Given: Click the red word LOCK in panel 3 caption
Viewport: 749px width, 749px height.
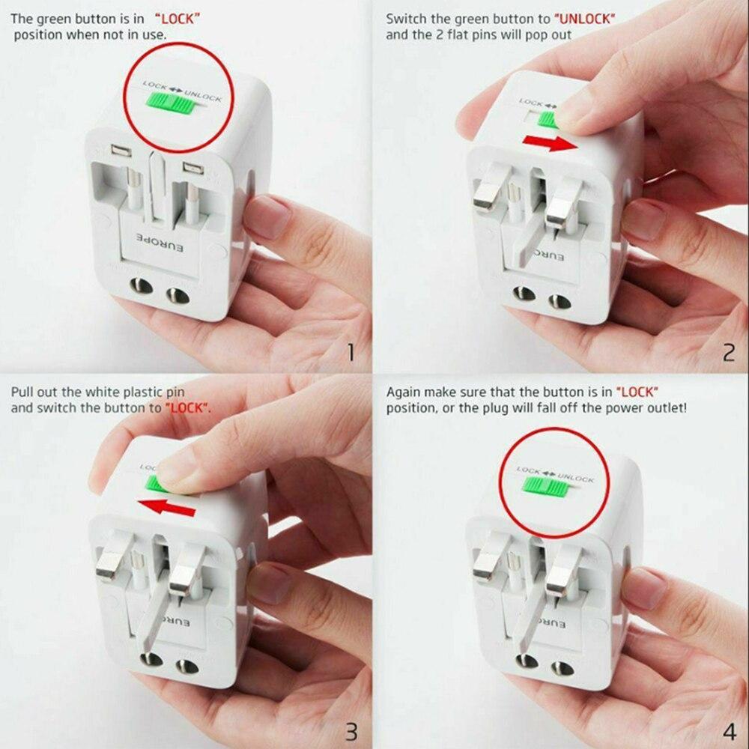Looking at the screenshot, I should click(189, 408).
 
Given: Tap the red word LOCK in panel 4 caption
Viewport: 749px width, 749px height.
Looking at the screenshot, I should click(640, 391).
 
